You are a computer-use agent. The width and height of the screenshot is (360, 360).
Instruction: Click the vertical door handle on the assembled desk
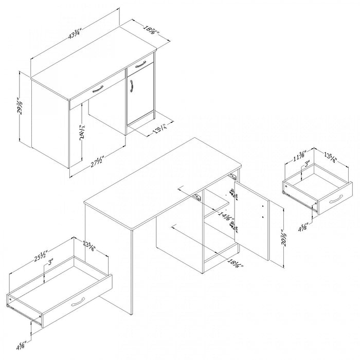point(133,87)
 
